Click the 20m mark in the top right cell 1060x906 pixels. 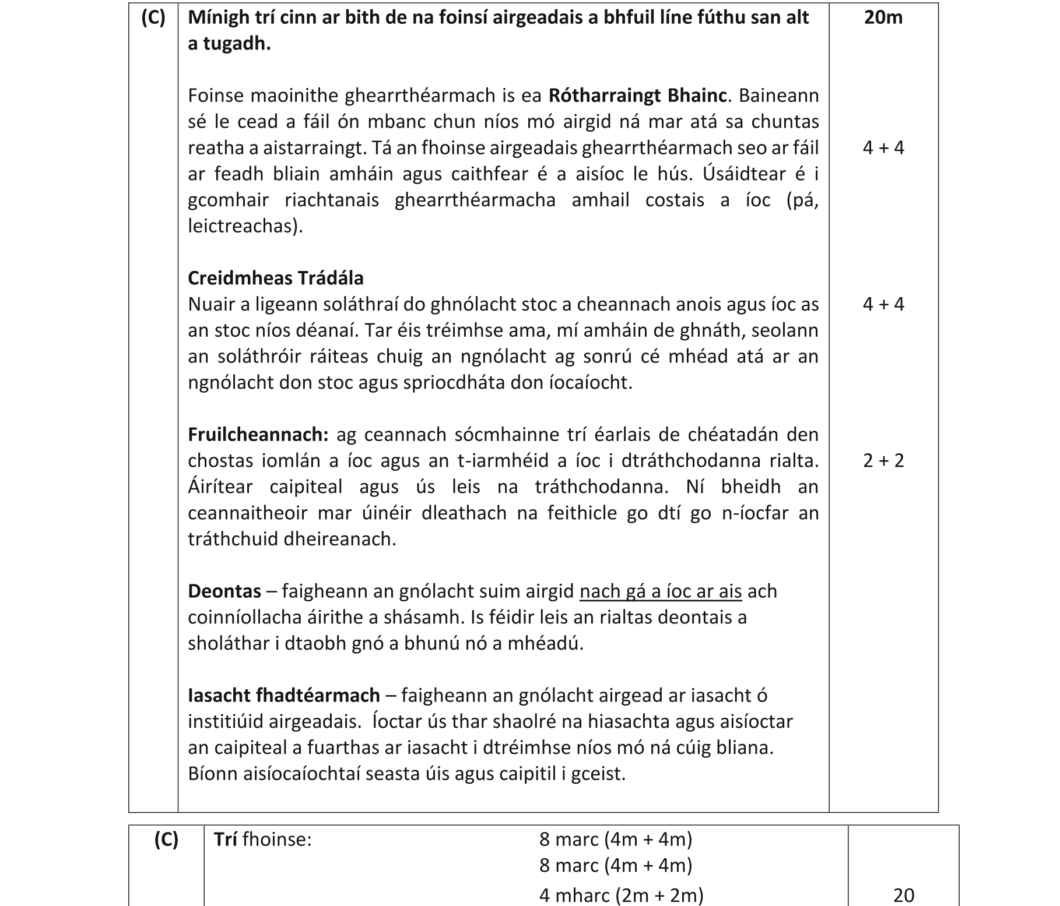tap(883, 17)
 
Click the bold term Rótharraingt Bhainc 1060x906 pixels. tap(637, 95)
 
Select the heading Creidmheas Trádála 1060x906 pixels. tap(275, 278)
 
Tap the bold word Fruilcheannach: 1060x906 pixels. tap(258, 435)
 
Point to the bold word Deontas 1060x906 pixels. tap(224, 591)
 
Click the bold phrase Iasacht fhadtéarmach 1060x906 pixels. tap(283, 696)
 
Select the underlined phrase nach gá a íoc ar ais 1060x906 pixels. tap(660, 591)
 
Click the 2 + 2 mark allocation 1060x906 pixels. tap(883, 461)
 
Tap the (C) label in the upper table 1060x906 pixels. tap(153, 17)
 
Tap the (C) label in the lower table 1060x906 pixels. tap(166, 840)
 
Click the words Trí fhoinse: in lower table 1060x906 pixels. tap(262, 840)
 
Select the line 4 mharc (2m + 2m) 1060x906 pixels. tap(621, 894)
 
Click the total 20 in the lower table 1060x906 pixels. tap(903, 894)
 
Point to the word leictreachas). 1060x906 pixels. tap(245, 226)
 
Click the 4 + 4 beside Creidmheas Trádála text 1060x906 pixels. tap(883, 304)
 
